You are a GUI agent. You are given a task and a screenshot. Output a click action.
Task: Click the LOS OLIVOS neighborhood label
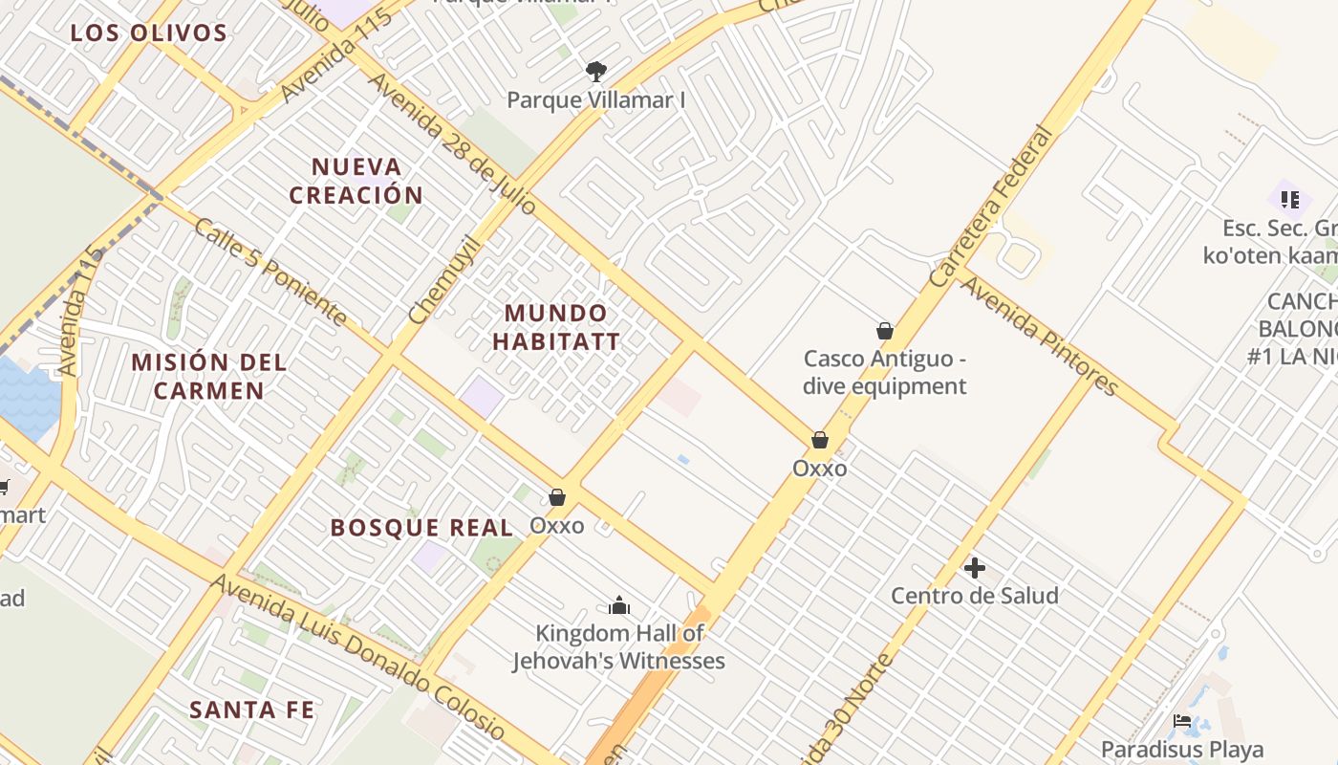tap(149, 33)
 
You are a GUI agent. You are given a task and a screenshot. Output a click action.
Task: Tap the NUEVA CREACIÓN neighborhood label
tap(356, 181)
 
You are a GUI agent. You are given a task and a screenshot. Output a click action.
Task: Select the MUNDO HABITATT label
tap(556, 327)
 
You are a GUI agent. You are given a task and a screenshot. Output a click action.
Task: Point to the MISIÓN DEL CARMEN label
tap(208, 376)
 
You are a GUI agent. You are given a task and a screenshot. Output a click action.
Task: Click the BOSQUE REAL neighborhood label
tap(421, 527)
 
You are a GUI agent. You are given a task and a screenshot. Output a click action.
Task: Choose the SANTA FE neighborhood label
tap(251, 710)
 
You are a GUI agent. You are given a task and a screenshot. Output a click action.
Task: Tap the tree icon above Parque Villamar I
tap(596, 71)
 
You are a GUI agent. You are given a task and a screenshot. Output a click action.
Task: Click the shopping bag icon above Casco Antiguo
tap(885, 331)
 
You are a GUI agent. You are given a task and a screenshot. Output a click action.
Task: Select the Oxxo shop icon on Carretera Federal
tap(819, 440)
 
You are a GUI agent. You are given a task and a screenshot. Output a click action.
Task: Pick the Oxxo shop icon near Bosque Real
tap(557, 497)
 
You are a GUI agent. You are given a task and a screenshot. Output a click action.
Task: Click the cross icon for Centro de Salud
tap(975, 568)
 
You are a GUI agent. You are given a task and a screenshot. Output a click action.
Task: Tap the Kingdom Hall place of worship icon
tap(619, 605)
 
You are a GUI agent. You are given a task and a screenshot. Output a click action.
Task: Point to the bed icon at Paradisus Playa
tap(1182, 721)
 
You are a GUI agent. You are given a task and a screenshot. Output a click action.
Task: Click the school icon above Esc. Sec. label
tap(1290, 200)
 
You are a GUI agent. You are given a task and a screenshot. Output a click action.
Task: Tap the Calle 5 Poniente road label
tap(270, 271)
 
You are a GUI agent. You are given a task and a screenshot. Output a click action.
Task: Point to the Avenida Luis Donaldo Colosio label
tap(357, 658)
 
